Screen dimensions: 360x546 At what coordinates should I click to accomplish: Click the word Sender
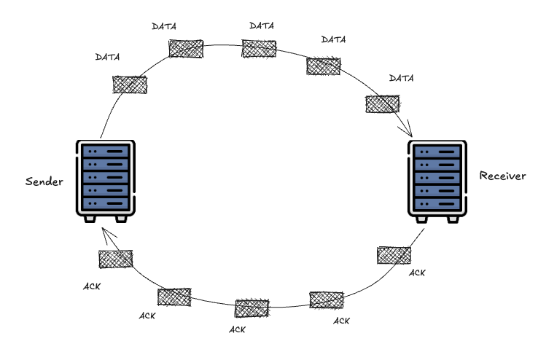[x=44, y=181]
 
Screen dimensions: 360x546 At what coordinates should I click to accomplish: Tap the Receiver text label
[x=502, y=176]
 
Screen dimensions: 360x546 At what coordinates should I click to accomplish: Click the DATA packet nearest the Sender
[x=130, y=85]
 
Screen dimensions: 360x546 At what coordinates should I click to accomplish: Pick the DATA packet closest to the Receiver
[x=382, y=104]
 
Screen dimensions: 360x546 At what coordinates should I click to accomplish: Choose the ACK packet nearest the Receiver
[x=394, y=255]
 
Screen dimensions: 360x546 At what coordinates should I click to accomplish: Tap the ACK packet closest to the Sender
[x=115, y=259]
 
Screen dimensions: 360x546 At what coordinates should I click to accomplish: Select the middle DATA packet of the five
[x=259, y=49]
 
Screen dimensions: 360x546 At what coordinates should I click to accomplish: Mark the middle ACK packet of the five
[x=252, y=308]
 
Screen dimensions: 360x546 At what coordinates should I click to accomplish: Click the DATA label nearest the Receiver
[x=402, y=78]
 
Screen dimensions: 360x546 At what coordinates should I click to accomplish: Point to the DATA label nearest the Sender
[x=107, y=57]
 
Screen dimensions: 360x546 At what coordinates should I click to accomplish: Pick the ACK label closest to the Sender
[x=92, y=286]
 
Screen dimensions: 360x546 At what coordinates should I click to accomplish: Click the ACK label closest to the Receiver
[x=417, y=273]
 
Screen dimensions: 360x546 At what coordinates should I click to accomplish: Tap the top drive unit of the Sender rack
[x=105, y=151]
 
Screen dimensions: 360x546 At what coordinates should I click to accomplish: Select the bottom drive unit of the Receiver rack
[x=438, y=203]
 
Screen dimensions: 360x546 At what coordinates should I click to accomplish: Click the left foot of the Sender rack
[x=90, y=218]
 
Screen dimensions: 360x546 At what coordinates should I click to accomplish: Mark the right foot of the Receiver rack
[x=453, y=218]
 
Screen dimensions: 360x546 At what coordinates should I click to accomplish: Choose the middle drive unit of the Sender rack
[x=105, y=177]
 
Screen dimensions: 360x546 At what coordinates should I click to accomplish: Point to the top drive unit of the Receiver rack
[x=438, y=152]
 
